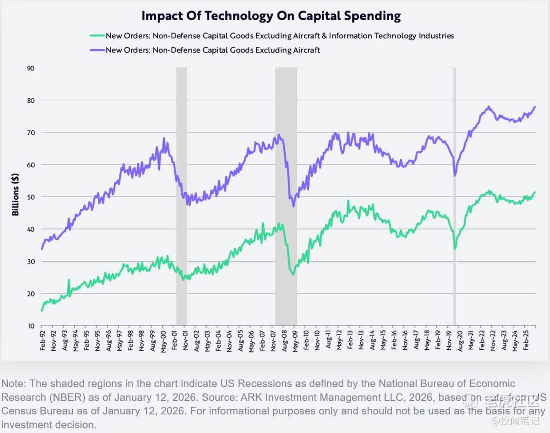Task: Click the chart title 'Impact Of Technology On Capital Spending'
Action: [271, 16]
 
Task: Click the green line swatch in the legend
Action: [97, 36]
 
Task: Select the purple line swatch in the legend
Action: [97, 50]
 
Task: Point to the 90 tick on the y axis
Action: [30, 68]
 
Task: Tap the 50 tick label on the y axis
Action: [30, 197]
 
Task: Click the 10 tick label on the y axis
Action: [31, 326]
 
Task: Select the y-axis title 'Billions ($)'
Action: [15, 194]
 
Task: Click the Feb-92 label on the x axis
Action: [43, 341]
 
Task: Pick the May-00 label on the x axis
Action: [164, 341]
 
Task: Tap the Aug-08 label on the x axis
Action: [284, 341]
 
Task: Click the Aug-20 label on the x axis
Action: [460, 341]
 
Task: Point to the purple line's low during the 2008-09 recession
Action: [293, 206]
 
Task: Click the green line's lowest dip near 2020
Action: [455, 249]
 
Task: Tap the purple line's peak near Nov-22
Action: [489, 106]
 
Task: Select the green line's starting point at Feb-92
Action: [42, 311]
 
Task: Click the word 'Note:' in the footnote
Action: [14, 384]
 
